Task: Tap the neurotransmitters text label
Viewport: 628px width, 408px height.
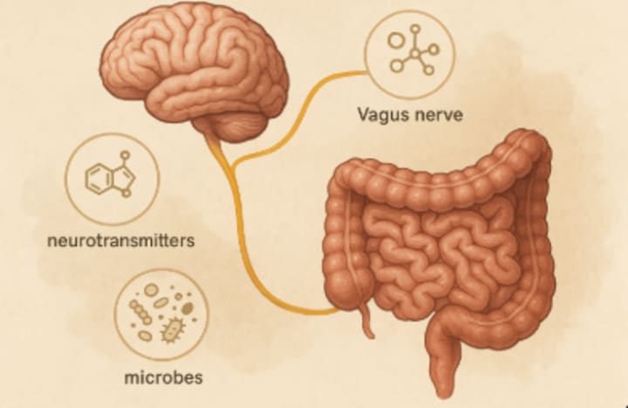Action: (x=119, y=239)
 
